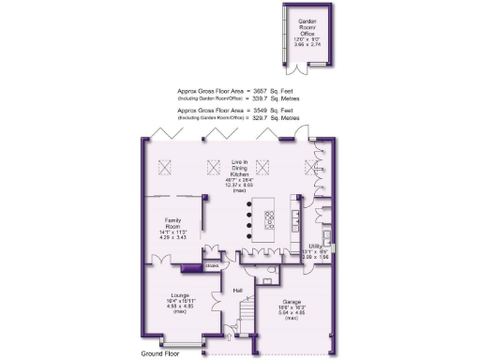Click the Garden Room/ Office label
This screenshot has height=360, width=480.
pos(306,23)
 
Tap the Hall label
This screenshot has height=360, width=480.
pos(238,291)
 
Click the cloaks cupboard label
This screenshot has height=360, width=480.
pos(211,266)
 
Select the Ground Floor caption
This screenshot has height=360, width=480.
pos(162,353)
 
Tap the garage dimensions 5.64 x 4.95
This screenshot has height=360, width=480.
pos(292,317)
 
